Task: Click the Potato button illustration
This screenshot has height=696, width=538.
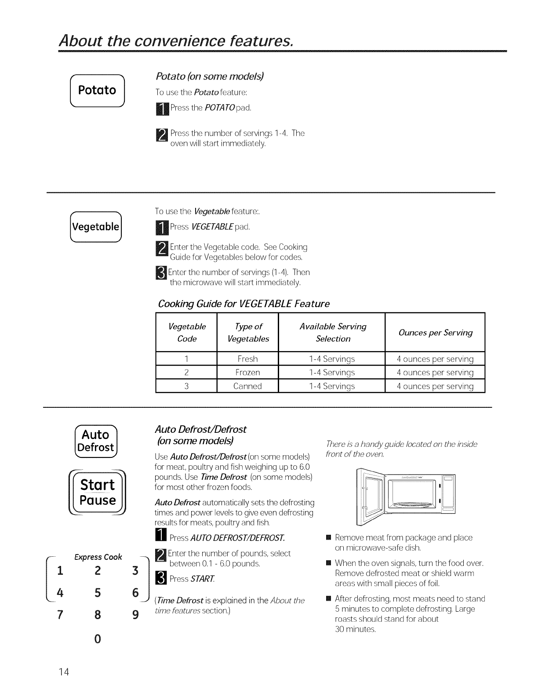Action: (x=98, y=91)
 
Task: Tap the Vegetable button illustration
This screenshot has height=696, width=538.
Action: (x=96, y=227)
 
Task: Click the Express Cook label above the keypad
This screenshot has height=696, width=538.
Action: (x=98, y=557)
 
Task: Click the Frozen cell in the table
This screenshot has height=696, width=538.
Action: (x=247, y=373)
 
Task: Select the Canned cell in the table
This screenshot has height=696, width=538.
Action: (x=247, y=386)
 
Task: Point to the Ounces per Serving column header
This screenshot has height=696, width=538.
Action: (x=435, y=333)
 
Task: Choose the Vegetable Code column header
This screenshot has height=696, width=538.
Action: (x=187, y=333)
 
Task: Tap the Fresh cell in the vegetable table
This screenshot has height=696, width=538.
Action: (x=247, y=359)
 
